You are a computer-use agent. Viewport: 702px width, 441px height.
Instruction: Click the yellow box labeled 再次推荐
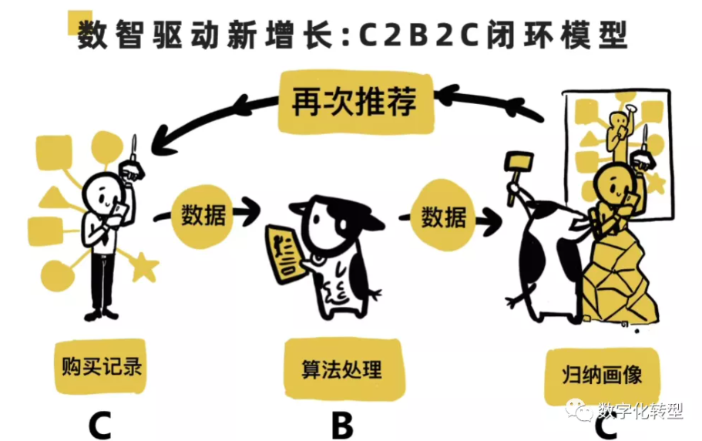pos(356,102)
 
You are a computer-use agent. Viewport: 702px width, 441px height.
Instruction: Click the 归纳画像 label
pos(602,375)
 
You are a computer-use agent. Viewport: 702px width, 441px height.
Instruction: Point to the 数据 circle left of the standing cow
pos(203,215)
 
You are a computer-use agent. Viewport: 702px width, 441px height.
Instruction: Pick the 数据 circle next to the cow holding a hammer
pos(443,217)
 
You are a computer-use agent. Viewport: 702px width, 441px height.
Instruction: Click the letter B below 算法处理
pos(342,426)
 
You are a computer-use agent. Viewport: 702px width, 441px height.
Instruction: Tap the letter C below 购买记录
pos(99,426)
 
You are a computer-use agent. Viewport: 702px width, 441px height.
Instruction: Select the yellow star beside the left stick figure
pos(143,268)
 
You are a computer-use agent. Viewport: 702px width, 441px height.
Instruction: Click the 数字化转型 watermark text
pos(640,410)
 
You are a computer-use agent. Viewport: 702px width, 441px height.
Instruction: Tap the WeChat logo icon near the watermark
pos(579,409)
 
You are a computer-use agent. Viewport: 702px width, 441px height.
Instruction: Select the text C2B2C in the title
pos(419,35)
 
